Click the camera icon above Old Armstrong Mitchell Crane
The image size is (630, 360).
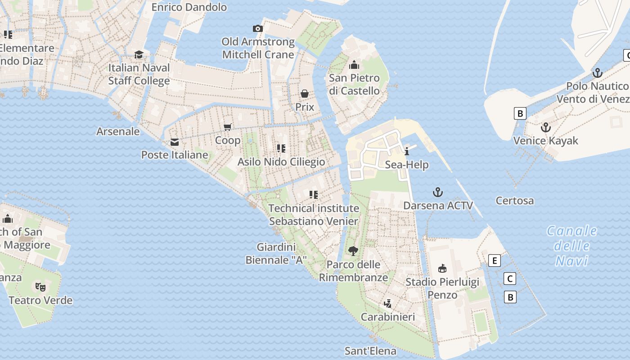[258, 29]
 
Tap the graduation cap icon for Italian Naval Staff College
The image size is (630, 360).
[139, 54]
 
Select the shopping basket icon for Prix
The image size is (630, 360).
[305, 94]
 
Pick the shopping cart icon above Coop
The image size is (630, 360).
[228, 127]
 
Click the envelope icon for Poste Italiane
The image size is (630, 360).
[175, 142]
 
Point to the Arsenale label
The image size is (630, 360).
[118, 131]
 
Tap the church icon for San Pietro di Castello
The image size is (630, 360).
[354, 65]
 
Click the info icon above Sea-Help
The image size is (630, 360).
[407, 151]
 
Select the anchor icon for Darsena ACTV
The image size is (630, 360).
[438, 193]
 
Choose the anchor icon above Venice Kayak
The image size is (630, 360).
[545, 127]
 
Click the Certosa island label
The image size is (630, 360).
[514, 201]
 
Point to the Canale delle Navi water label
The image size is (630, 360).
[572, 246]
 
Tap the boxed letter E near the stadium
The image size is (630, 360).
[495, 261]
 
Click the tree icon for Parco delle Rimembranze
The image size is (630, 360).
[353, 251]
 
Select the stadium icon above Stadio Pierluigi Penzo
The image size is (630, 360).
[442, 269]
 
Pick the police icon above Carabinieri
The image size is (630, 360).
[387, 304]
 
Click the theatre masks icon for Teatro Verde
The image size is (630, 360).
[40, 287]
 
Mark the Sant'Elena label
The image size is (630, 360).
[370, 351]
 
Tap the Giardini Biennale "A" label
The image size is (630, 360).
[276, 253]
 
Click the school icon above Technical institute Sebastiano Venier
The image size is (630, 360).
[314, 195]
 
